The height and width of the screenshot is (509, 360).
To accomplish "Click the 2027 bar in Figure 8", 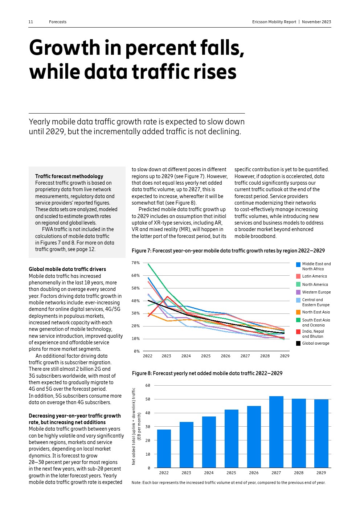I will click(276, 432).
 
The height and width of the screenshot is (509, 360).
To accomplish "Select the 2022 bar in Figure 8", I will click(164, 448).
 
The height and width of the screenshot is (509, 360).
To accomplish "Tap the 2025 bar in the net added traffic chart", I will click(231, 439).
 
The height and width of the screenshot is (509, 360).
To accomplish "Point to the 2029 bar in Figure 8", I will click(321, 434).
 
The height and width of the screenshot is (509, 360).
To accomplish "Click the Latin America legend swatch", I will click(298, 276).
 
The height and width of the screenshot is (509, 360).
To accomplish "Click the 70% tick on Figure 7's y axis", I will click(135, 263).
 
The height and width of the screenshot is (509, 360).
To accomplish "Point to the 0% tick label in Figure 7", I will click(136, 351).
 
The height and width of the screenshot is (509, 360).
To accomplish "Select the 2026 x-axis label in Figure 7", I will click(225, 356).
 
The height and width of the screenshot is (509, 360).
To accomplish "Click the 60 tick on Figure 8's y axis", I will click(147, 385).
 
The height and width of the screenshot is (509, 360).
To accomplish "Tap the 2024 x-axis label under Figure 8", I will click(209, 473).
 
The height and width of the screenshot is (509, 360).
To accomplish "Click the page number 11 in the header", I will click(31, 22).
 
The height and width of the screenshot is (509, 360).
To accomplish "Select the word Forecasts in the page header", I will click(58, 22).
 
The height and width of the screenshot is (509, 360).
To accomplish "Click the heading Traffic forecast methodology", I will click(69, 176).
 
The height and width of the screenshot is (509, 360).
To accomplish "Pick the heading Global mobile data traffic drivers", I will click(67, 269).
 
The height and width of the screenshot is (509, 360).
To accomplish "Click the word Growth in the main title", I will click(65, 48).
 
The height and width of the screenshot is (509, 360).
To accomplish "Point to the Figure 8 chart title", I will click(207, 373).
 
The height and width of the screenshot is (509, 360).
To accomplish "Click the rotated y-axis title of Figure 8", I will click(136, 426).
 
